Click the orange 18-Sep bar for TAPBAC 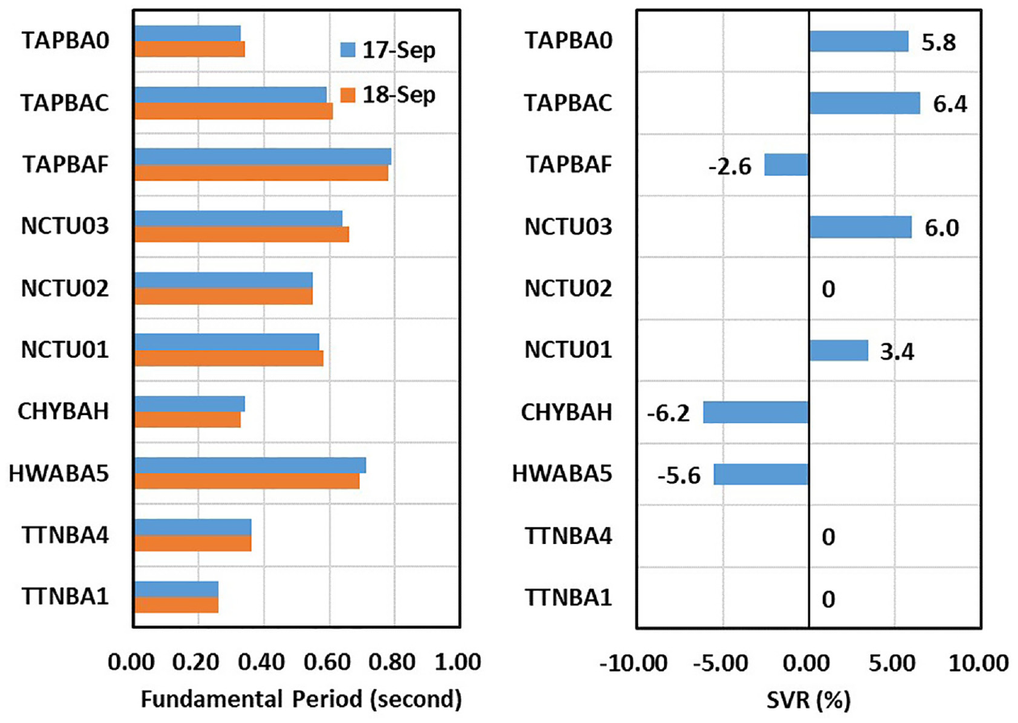click(234, 110)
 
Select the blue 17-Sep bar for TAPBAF click(263, 156)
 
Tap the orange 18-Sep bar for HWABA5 click(247, 481)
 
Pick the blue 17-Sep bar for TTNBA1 click(177, 589)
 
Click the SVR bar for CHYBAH click(756, 413)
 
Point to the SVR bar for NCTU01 click(839, 351)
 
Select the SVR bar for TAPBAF click(786, 165)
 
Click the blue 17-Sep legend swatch click(348, 50)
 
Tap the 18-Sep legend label click(399, 96)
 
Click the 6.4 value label click(950, 105)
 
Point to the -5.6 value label click(679, 476)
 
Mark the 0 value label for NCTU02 click(828, 289)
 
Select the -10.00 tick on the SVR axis click(633, 663)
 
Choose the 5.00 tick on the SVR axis click(892, 663)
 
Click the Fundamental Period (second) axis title click(302, 699)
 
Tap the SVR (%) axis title click(808, 700)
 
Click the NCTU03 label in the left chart click(65, 226)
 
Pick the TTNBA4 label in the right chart click(569, 536)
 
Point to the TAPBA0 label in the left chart click(66, 41)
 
